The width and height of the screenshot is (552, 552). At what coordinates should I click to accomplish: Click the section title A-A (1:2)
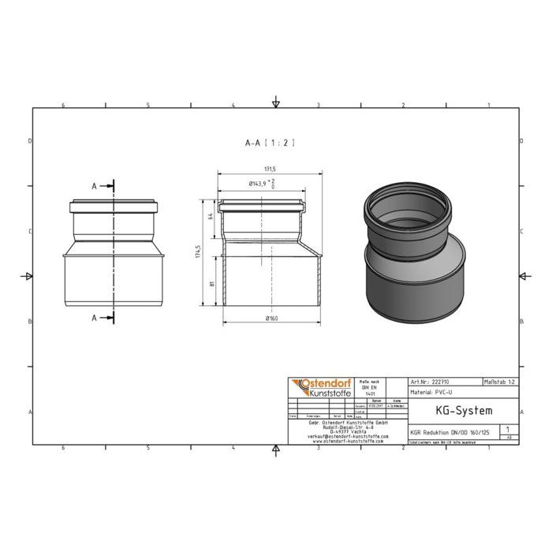(x=270, y=143)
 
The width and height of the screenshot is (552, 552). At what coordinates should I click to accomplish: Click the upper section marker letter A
(x=95, y=186)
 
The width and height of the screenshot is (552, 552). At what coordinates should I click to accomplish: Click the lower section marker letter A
(x=95, y=318)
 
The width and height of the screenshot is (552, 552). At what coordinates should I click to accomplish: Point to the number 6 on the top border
(x=62, y=105)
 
